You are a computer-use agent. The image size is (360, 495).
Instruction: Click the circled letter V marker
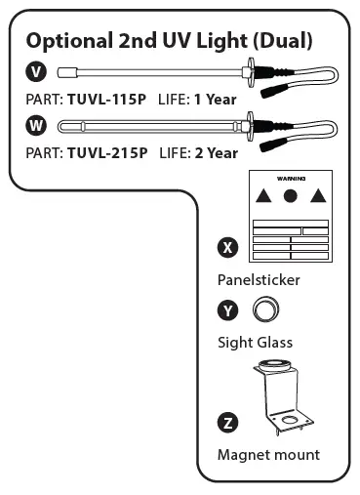pyautogui.click(x=37, y=71)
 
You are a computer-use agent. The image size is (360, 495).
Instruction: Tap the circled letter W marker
pyautogui.click(x=37, y=125)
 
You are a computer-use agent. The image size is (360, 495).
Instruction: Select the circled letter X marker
pyautogui.click(x=228, y=247)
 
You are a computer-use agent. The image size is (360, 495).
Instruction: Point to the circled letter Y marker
pyautogui.click(x=228, y=311)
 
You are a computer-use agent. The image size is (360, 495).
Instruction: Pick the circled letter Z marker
pyautogui.click(x=228, y=423)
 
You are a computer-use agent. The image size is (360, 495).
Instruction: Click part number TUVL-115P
pyautogui.click(x=107, y=98)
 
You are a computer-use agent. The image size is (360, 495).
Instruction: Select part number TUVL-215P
pyautogui.click(x=107, y=152)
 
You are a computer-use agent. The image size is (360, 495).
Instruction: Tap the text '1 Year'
pyautogui.click(x=216, y=98)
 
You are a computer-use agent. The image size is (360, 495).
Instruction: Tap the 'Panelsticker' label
pyautogui.click(x=259, y=280)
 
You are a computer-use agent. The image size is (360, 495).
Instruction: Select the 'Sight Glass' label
pyautogui.click(x=255, y=343)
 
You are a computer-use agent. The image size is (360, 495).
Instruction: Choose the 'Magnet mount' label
pyautogui.click(x=267, y=455)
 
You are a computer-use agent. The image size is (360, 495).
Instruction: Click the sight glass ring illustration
pyautogui.click(x=264, y=311)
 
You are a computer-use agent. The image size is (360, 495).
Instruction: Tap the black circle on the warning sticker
pyautogui.click(x=290, y=196)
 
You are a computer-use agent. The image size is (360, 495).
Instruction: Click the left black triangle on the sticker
pyautogui.click(x=262, y=197)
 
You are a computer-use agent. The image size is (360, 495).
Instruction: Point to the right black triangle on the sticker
pyautogui.click(x=316, y=197)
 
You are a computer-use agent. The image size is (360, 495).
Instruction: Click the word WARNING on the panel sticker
pyautogui.click(x=291, y=180)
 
